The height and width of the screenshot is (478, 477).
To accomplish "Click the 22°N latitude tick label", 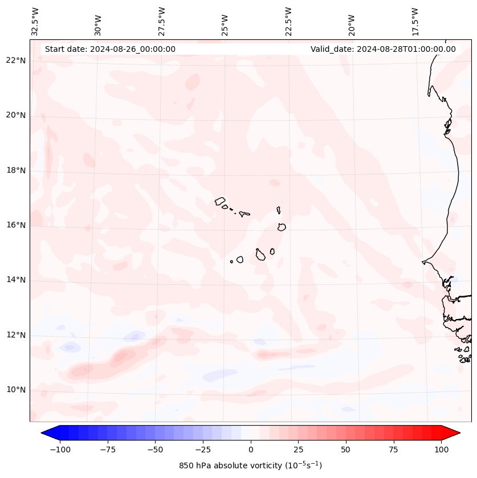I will tap(16, 60).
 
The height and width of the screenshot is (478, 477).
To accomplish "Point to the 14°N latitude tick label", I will tap(16, 280).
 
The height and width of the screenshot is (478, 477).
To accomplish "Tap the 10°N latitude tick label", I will tap(16, 390).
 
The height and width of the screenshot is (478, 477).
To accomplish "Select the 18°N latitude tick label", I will tap(16, 170).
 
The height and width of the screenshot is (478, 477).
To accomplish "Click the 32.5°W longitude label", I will tap(35, 22).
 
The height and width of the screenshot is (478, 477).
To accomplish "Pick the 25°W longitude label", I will tap(225, 23).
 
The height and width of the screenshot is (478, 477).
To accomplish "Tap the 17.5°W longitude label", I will tap(415, 22).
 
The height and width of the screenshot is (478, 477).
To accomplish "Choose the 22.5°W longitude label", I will tap(288, 22).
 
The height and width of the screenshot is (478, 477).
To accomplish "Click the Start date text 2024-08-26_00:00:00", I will tap(110, 49).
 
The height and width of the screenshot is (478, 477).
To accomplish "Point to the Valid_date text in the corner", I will tap(383, 49).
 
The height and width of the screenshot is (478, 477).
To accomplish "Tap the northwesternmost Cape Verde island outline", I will tap(220, 201).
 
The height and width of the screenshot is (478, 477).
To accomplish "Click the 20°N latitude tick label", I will tap(16, 115).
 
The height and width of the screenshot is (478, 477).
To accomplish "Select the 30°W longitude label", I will tap(99, 23).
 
